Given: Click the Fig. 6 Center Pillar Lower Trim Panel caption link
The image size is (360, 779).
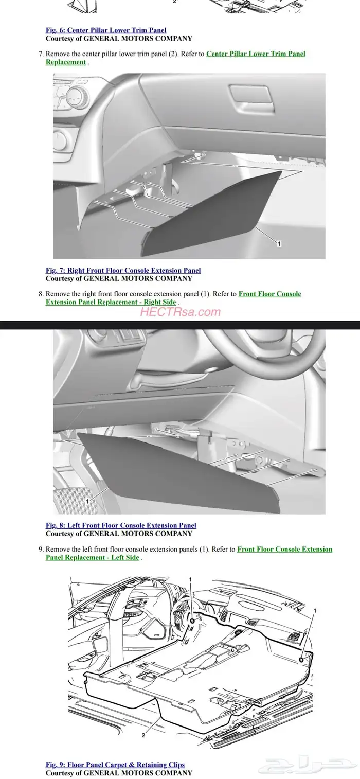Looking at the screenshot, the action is click(106, 30).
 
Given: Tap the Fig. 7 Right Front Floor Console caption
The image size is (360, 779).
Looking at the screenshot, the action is click(123, 270).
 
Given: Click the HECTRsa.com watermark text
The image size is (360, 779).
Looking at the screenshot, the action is click(181, 312).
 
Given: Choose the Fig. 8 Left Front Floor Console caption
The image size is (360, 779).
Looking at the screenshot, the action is click(121, 525).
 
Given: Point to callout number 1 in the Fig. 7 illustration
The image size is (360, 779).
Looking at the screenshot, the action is click(279, 244).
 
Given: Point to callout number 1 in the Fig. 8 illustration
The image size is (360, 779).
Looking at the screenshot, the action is click(87, 501).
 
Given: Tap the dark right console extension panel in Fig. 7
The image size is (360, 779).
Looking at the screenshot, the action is click(208, 216).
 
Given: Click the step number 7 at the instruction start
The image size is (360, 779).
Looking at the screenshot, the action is click(41, 54).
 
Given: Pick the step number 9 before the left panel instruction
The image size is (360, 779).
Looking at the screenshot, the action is click(41, 550).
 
